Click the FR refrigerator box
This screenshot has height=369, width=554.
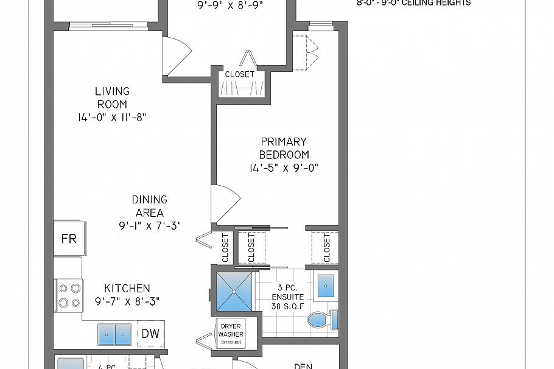(x=69, y=238)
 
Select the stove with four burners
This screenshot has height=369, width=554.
(x=69, y=295)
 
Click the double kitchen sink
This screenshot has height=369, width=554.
(x=115, y=334)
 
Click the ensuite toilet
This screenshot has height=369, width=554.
(x=320, y=319)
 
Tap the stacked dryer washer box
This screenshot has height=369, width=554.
(x=231, y=334)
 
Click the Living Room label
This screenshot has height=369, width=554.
(x=112, y=97)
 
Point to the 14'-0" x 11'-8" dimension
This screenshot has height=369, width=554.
(x=112, y=118)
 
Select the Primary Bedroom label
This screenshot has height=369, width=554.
(x=284, y=148)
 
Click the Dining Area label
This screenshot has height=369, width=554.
(x=150, y=206)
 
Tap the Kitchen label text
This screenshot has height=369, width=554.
(x=127, y=288)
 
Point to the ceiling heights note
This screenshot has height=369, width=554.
(x=413, y=3)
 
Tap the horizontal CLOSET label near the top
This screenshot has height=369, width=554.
(x=240, y=74)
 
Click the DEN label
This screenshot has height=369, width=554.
(x=303, y=366)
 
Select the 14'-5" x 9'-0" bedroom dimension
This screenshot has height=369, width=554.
(x=284, y=167)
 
